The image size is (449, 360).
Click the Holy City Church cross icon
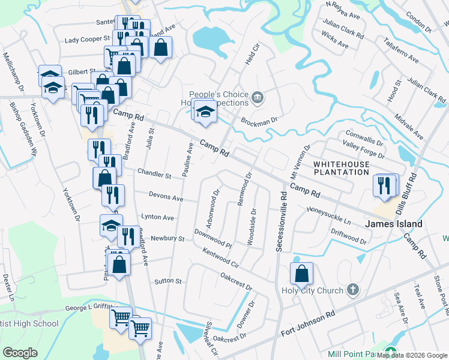pos(353,290)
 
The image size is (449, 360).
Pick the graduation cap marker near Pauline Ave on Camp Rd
pos(205,112)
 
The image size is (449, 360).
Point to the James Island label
pos(393,224)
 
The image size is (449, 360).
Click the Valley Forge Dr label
pos(363,148)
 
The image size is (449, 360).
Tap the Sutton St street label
pos(167,281)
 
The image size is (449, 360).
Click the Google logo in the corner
pos(20,353)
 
